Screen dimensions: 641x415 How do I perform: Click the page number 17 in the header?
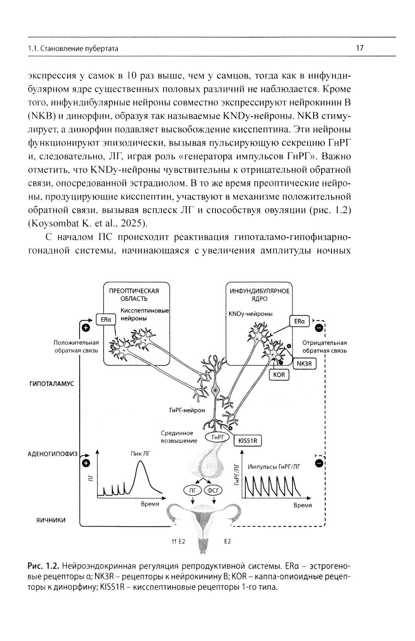coord(360,48)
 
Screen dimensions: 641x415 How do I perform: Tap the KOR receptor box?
coord(279,375)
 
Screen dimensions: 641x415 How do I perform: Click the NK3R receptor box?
coord(305,363)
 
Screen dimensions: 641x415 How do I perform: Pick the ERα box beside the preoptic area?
coord(105,319)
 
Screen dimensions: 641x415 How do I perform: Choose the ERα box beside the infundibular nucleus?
coord(299,321)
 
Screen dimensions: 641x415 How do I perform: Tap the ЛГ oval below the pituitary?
coord(193,490)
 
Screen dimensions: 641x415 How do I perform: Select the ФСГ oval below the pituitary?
coord(213,490)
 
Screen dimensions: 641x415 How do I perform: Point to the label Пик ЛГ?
coord(140,454)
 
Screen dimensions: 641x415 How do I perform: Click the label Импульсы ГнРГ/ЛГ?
coord(273,466)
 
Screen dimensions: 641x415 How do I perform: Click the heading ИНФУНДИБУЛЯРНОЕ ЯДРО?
coord(259,295)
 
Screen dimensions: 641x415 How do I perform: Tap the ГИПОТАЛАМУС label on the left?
coord(51,383)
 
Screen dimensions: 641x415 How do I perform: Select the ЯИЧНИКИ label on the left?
coord(51,520)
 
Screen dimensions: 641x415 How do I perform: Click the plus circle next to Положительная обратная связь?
coord(86,328)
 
